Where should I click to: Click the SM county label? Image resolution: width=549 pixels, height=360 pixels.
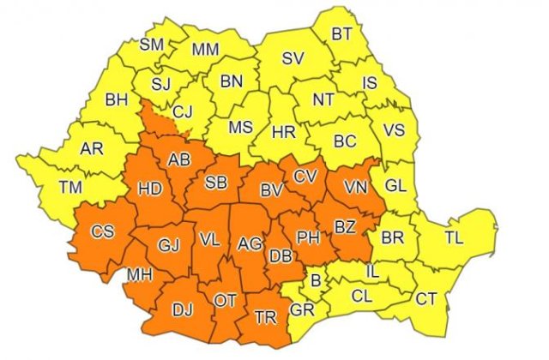coord(152,44)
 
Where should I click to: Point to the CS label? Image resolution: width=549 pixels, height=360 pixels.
coord(102,231)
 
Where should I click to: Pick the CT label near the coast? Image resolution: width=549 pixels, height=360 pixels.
coord(426,299)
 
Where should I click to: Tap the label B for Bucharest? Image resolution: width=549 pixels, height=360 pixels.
coord(316,279)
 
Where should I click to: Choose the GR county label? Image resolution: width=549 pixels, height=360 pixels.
coord(302,310)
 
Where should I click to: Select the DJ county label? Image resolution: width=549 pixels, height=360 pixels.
coord(181,309)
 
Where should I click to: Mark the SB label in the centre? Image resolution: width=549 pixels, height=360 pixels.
coord(216,181)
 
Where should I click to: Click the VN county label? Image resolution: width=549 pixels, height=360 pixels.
coord(354,184)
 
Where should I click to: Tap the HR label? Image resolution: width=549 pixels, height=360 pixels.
coord(283,133)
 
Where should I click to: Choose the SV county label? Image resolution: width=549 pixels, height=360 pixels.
coord(294,58)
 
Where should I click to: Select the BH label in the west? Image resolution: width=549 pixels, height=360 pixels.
coord(116,101)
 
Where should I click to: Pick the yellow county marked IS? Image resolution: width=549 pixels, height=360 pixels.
coord(370,82)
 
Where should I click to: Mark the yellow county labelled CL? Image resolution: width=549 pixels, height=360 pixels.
coord(362,297)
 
